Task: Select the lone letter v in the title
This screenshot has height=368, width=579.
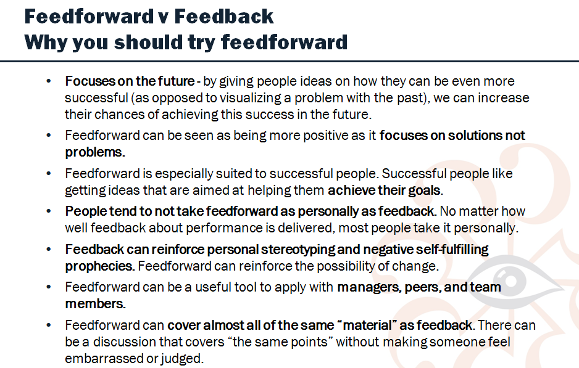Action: (163, 18)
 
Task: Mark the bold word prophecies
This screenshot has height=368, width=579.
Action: (99, 266)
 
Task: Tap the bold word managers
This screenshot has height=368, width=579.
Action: (369, 288)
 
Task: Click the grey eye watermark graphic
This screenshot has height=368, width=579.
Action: (514, 281)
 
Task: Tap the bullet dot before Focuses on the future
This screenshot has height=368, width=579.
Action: (49, 81)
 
